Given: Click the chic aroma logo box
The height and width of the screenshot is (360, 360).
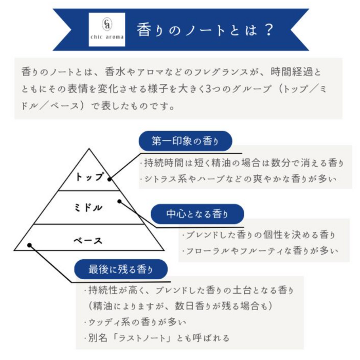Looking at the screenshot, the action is (107, 29).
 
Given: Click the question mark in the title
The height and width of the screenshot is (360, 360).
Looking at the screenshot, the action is (268, 30).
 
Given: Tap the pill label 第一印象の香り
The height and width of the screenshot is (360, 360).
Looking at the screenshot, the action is (185, 141).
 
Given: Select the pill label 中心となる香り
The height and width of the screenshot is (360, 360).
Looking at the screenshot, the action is (197, 214).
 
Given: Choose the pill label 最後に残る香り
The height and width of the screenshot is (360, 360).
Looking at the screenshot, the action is (121, 269).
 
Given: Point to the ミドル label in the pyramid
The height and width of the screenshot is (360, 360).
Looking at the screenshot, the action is (88, 208).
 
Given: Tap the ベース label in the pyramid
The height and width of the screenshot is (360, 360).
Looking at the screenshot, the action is (88, 240).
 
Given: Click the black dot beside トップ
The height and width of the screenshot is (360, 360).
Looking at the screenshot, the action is (110, 179).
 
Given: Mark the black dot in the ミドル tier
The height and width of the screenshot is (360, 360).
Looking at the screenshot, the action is (119, 202).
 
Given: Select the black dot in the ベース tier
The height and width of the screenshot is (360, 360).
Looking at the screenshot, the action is (29, 245).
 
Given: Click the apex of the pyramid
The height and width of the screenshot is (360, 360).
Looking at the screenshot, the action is (89, 149).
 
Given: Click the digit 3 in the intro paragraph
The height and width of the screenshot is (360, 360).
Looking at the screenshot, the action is (208, 89).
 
